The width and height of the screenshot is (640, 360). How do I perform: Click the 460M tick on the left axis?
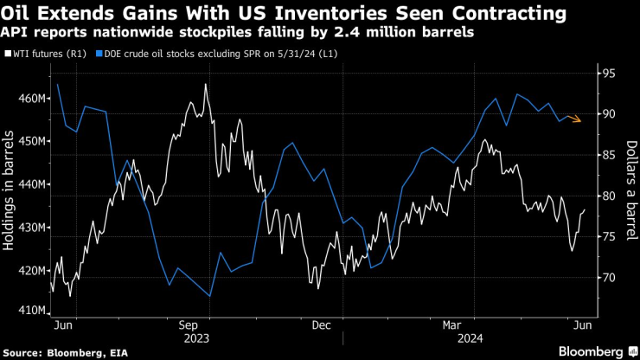pos(32,99)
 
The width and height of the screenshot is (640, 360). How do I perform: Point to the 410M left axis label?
pos(32,309)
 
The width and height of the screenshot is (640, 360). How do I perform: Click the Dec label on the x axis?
pos(320,325)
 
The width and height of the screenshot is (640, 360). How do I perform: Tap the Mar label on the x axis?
pos(449,325)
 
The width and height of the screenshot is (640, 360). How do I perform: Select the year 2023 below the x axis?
pos(192,338)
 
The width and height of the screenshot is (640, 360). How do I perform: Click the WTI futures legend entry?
pos(45,55)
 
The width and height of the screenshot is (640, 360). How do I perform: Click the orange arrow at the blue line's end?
pos(575,119)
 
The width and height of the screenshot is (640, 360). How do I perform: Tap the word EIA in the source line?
pos(113,350)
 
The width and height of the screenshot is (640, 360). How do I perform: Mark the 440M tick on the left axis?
pos(32,184)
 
